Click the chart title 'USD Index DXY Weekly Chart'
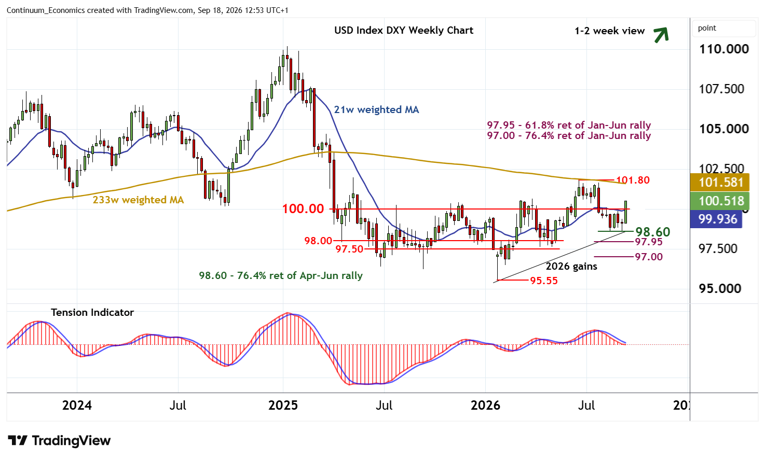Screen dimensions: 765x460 pyautogui.click(x=404, y=31)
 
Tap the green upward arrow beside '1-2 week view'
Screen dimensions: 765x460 pyautogui.click(x=661, y=35)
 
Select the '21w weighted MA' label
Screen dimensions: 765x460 pyautogui.click(x=376, y=109)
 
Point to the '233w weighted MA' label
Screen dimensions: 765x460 pyautogui.click(x=139, y=200)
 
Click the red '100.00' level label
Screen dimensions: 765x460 pyautogui.click(x=303, y=208)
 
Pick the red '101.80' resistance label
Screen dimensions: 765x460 pyautogui.click(x=633, y=180)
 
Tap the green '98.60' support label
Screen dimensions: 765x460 pyautogui.click(x=653, y=232)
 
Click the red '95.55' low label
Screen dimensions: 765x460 pyautogui.click(x=544, y=281)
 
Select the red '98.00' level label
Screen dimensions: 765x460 pyautogui.click(x=318, y=241)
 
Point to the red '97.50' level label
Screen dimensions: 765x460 pyautogui.click(x=349, y=249)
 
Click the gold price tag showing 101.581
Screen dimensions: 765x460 pyautogui.click(x=720, y=182)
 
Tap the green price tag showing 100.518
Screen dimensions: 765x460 pyautogui.click(x=720, y=201)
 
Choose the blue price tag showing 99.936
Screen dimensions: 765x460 pyautogui.click(x=716, y=219)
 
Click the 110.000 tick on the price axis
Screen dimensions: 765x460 pyautogui.click(x=724, y=49)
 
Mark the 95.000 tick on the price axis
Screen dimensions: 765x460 pyautogui.click(x=720, y=289)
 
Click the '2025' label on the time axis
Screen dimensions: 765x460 pyautogui.click(x=283, y=406)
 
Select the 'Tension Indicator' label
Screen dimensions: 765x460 pyautogui.click(x=92, y=312)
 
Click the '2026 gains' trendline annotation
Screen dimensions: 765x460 pyautogui.click(x=571, y=266)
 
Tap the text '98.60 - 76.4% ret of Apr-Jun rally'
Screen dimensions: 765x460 pyautogui.click(x=281, y=275)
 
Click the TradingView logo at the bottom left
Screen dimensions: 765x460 pyautogui.click(x=59, y=440)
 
